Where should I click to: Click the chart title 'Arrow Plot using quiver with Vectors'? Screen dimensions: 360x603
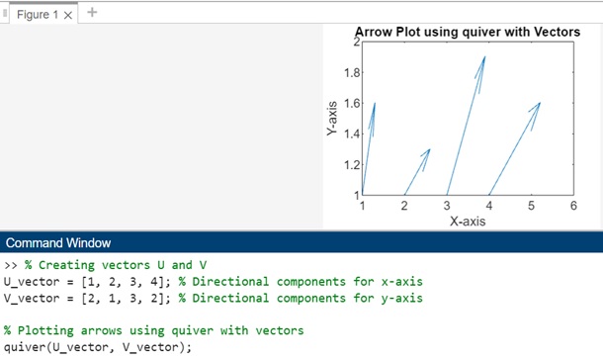coord(467,32)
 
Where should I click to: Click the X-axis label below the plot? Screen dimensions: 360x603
coord(467,222)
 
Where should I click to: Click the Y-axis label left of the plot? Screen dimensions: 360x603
coord(333,117)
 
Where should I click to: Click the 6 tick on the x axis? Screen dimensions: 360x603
coord(573,206)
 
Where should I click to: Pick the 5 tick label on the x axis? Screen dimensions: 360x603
coord(532,206)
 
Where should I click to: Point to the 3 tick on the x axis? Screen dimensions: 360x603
coord(448,206)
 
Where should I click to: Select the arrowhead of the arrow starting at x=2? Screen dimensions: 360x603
coord(428,151)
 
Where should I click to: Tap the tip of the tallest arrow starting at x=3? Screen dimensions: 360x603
coord(484,58)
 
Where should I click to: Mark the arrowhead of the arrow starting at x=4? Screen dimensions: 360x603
coord(539,104)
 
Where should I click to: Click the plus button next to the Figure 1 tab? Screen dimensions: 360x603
coord(92,13)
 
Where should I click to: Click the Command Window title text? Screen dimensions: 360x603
coord(58,243)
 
